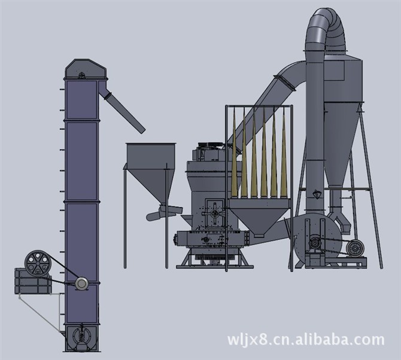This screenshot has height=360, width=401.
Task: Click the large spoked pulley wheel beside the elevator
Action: [38, 263]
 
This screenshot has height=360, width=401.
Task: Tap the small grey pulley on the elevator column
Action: [81, 283]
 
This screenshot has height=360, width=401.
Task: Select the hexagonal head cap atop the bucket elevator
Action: [85, 69]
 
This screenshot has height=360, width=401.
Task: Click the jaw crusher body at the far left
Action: [33, 281]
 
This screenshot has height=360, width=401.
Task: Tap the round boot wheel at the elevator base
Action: [81, 337]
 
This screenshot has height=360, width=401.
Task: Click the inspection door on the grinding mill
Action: [215, 213]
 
